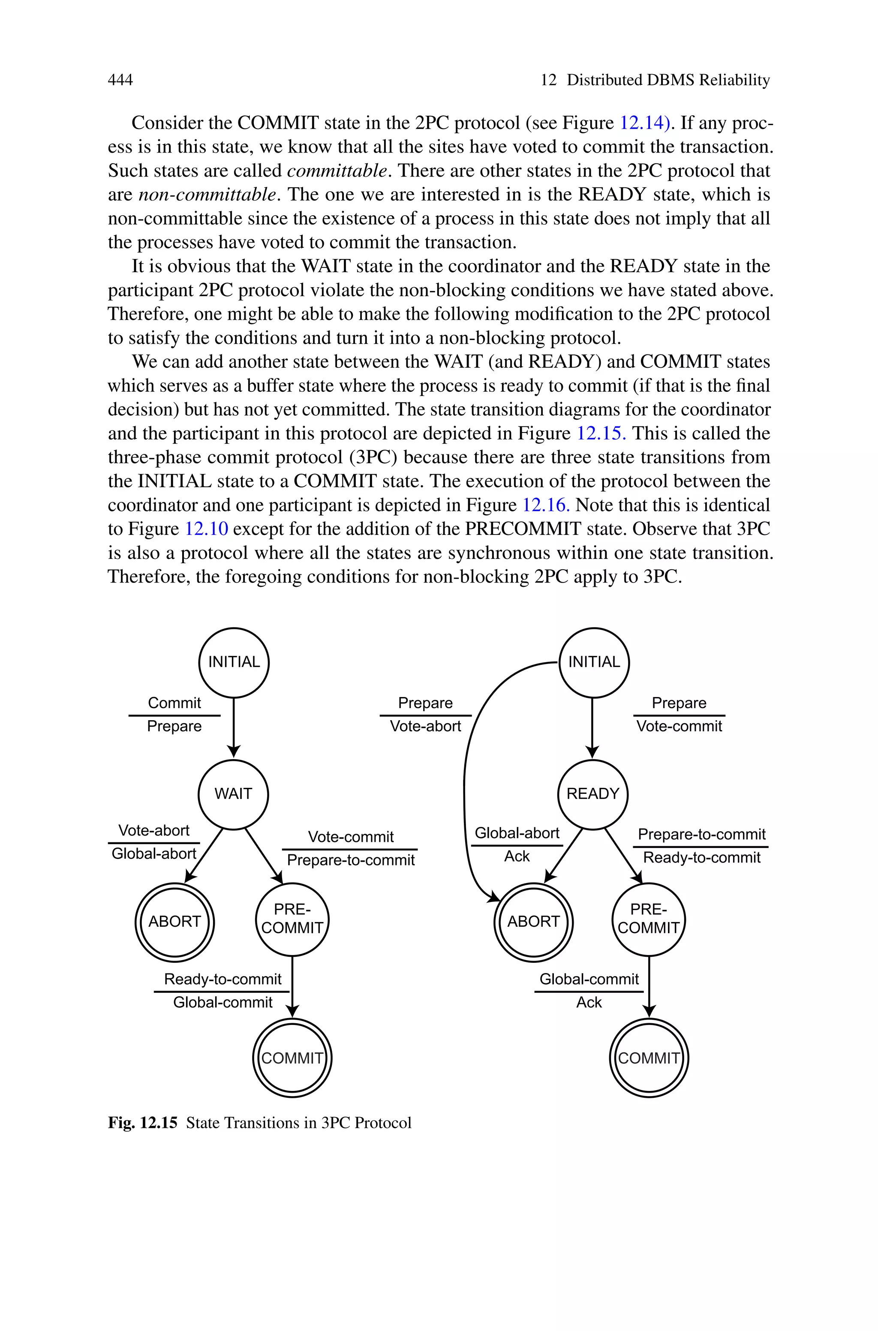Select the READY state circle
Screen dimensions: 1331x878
click(592, 794)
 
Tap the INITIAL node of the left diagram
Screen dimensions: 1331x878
click(234, 662)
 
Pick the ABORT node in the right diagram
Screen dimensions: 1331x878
click(533, 921)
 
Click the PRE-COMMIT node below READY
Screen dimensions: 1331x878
click(648, 919)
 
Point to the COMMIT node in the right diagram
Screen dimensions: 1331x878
click(648, 1058)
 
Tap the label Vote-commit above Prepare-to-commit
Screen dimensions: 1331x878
click(351, 837)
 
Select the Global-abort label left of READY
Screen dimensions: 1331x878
click(517, 833)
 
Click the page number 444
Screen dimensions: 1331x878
click(120, 80)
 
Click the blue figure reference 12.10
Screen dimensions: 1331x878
click(206, 529)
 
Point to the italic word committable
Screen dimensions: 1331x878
click(337, 170)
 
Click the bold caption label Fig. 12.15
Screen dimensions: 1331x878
click(142, 1123)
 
